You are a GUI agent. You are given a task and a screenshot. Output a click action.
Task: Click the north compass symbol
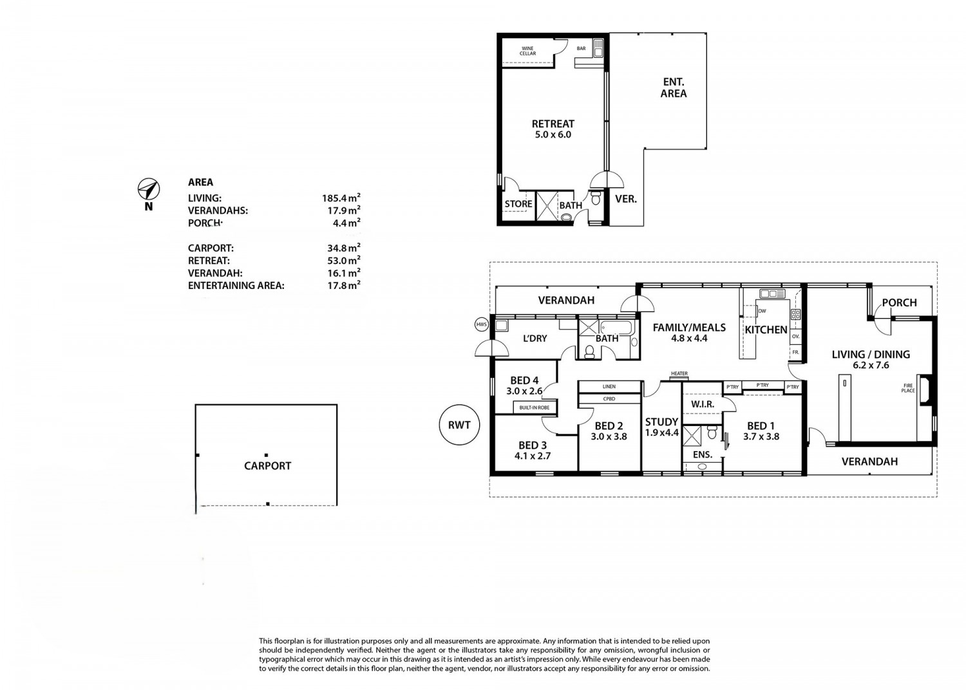149,189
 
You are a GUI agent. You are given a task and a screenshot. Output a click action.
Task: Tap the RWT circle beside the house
459,425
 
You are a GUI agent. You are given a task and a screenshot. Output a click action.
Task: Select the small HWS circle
482,324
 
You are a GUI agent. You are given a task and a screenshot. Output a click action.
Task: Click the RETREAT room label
553,124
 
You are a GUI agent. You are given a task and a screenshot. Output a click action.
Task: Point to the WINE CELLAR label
527,51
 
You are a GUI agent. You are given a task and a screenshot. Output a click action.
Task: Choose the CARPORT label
267,466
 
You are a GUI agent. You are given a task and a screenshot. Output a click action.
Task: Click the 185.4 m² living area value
341,198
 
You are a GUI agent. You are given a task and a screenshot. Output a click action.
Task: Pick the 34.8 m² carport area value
344,248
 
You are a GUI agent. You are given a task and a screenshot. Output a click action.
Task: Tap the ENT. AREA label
674,88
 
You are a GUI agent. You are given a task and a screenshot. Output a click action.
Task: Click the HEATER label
679,374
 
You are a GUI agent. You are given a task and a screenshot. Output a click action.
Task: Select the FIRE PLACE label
908,388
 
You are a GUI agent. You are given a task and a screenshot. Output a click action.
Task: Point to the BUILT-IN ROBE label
535,407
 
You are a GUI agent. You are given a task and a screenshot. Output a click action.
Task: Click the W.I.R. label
703,404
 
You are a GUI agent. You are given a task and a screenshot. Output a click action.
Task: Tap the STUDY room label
661,422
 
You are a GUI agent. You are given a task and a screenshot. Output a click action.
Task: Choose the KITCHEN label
766,330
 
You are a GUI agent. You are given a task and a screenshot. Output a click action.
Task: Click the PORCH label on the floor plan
899,303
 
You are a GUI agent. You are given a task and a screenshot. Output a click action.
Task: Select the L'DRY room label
535,339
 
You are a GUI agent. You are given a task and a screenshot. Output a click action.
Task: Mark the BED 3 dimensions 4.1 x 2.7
533,456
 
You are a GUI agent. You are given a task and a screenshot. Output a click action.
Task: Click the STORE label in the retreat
518,204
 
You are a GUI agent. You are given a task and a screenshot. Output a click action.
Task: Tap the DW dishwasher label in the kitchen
762,311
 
